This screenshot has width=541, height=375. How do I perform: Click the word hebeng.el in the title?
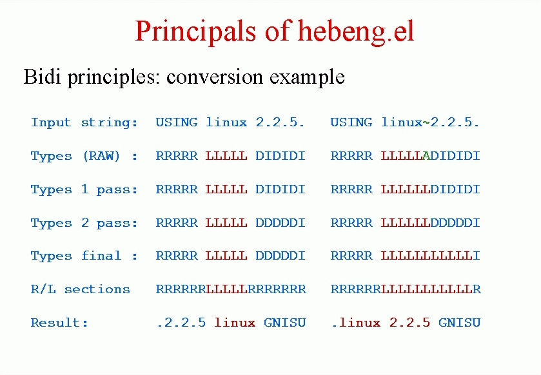[356, 32]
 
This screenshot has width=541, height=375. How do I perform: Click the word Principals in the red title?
[195, 32]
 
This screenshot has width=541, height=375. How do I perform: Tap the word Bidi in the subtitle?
[42, 76]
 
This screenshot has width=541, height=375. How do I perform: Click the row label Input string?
[84, 122]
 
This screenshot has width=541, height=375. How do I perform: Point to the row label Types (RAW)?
[84, 156]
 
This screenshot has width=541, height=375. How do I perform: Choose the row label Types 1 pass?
[84, 189]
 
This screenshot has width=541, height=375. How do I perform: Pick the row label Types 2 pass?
[84, 223]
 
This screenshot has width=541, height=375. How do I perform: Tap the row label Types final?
[84, 256]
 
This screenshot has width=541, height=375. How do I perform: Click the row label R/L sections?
[81, 289]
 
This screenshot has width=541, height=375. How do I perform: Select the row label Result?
[59, 323]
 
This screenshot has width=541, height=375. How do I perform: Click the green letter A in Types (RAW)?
[426, 156]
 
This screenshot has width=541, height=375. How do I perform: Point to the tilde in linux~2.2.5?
[426, 122]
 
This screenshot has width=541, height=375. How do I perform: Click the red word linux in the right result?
[360, 323]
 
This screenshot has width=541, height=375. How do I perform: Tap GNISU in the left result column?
[284, 323]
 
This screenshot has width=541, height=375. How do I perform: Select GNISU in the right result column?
[460, 323]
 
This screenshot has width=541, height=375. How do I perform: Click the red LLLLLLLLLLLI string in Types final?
[430, 256]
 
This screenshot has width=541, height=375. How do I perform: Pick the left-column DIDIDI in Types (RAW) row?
[280, 156]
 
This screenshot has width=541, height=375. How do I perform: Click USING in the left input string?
[177, 122]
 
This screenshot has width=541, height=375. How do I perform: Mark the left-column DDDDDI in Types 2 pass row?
[280, 223]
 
